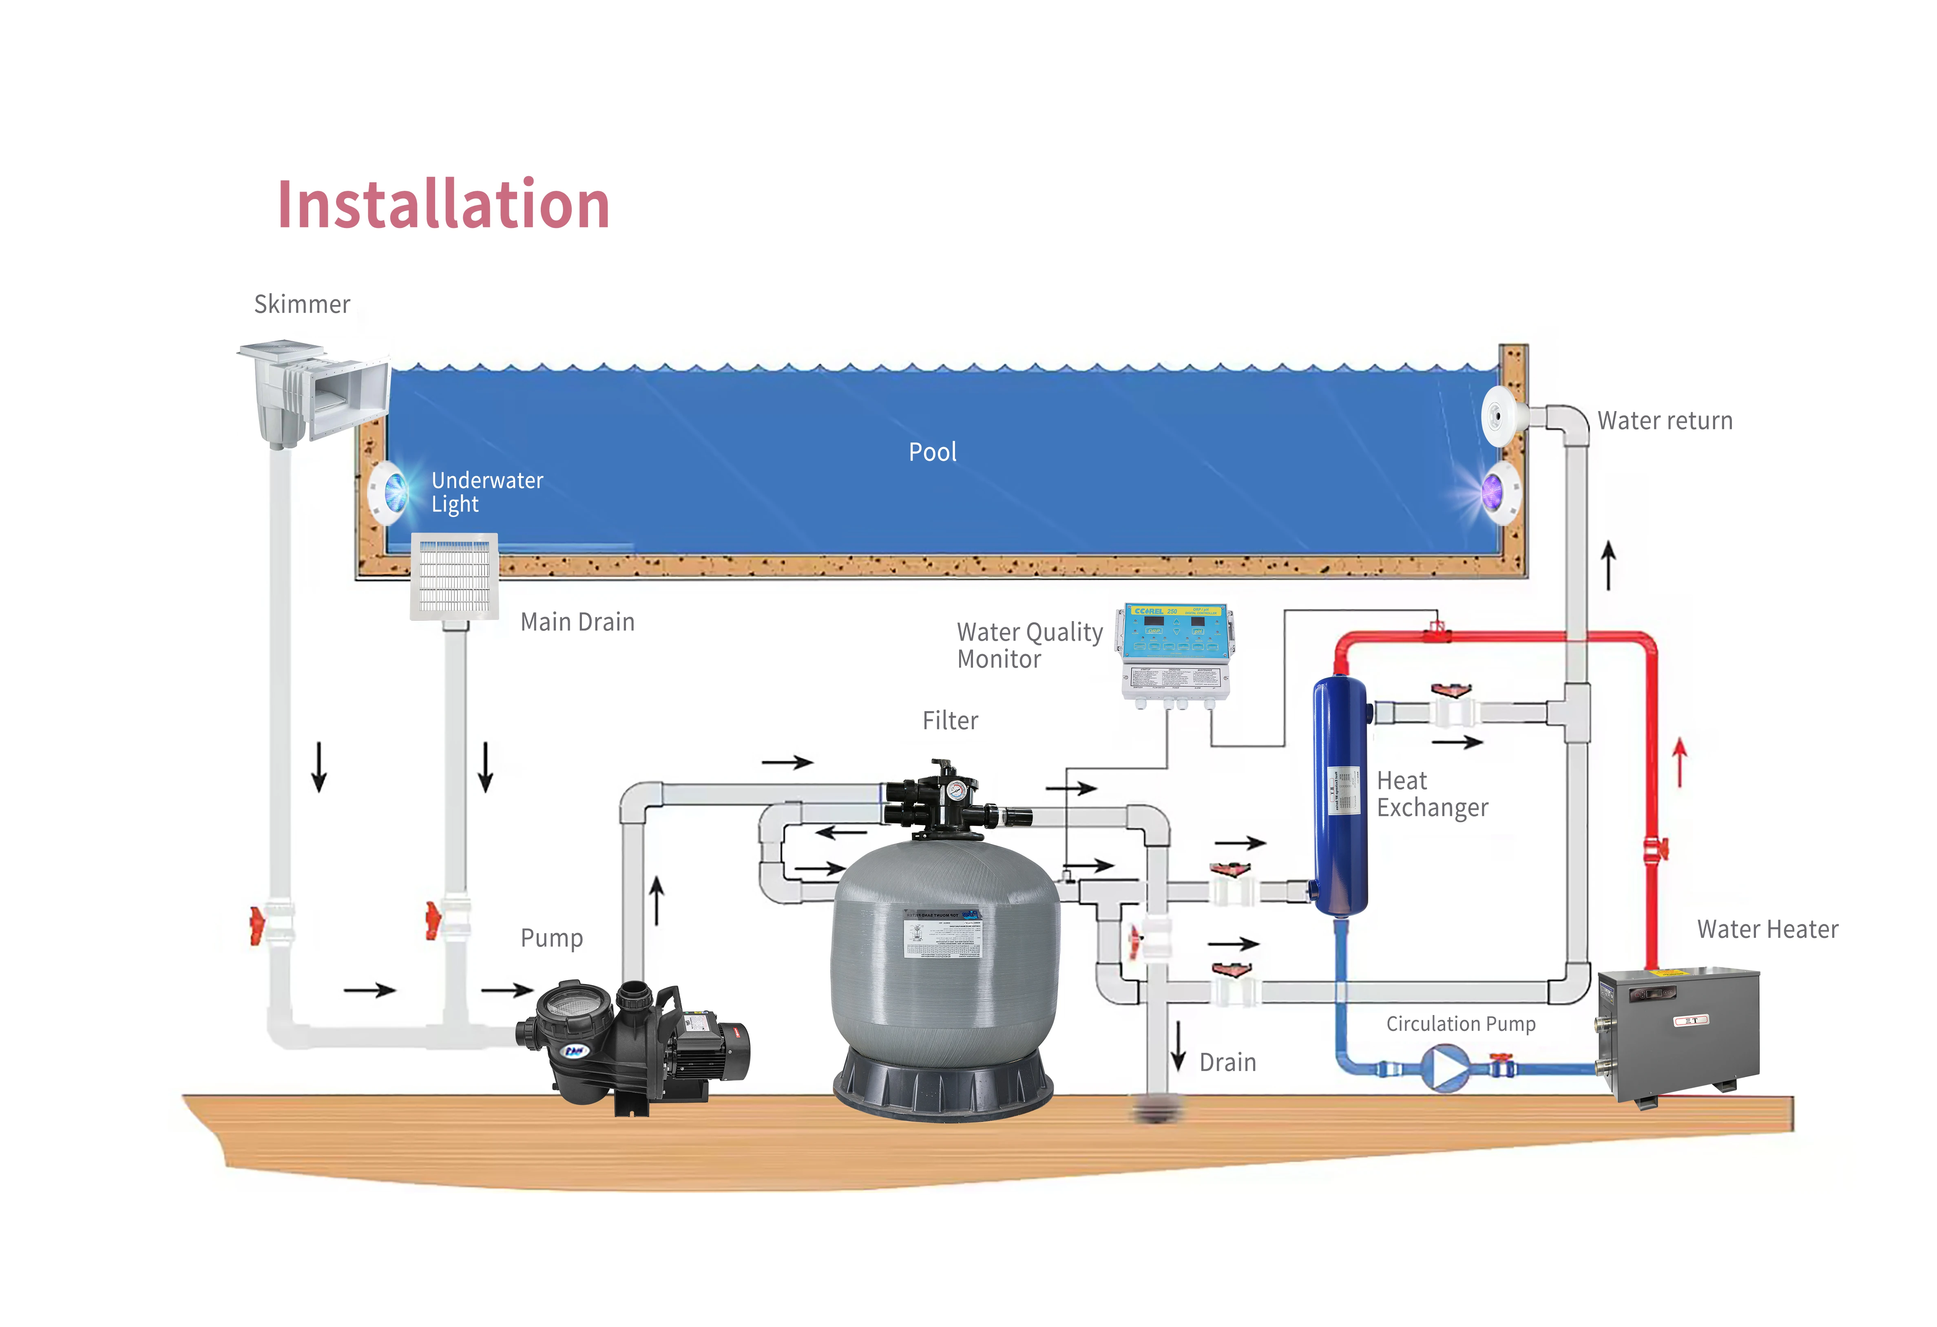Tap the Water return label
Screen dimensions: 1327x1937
pos(1665,421)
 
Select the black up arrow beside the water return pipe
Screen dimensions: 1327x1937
pos(1609,565)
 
